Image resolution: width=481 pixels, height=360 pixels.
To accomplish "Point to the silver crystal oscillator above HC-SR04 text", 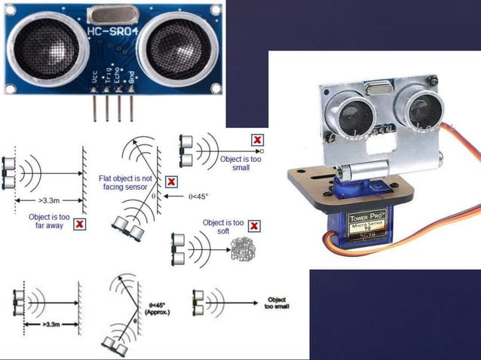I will (112, 14).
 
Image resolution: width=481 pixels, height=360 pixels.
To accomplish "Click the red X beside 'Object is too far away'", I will (80, 224).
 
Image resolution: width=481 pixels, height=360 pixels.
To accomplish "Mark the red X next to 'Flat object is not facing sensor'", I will (171, 182).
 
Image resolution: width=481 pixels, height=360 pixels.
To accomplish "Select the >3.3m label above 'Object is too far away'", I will (47, 201).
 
